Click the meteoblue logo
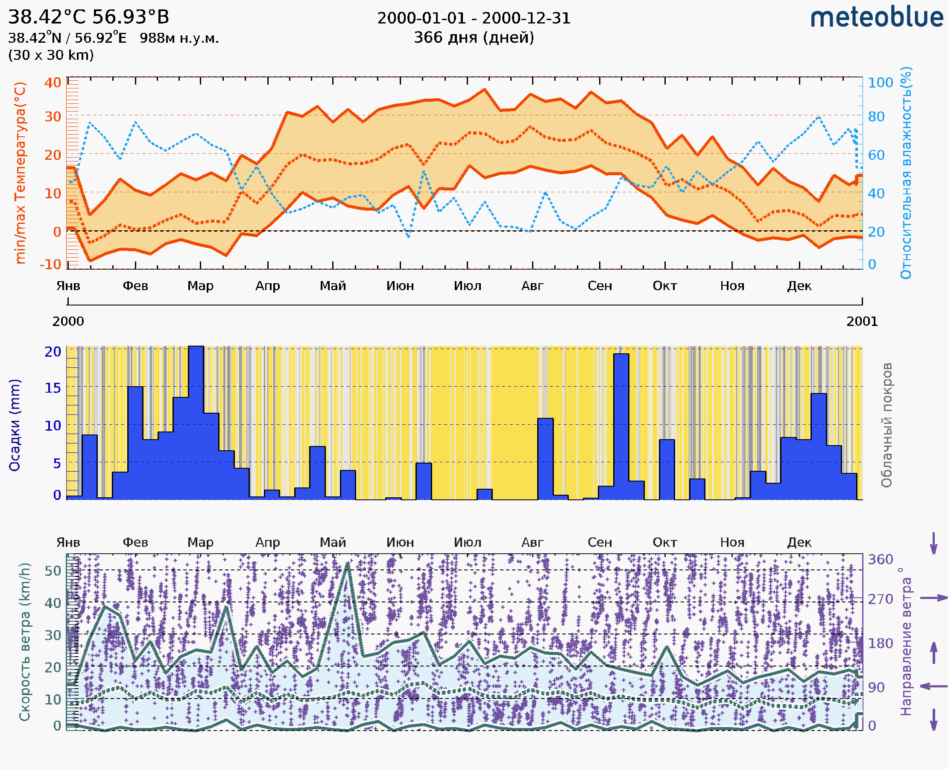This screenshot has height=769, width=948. [x=877, y=18]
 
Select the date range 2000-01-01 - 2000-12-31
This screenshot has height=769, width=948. [x=474, y=18]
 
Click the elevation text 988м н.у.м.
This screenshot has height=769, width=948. [x=179, y=38]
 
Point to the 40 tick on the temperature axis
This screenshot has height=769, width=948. [x=53, y=82]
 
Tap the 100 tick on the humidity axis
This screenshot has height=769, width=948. [x=880, y=82]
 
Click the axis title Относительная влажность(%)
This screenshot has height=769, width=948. [x=906, y=173]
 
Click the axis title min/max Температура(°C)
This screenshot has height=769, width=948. [x=20, y=173]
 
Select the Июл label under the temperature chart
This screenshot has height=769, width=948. [x=467, y=286]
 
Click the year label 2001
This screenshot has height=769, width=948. [x=862, y=321]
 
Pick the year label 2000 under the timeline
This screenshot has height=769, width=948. [x=68, y=321]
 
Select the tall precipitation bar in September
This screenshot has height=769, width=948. [x=621, y=425]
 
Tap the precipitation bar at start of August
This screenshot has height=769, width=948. [x=545, y=458]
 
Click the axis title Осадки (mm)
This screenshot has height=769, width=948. [x=15, y=425]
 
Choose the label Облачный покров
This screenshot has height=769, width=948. [x=886, y=425]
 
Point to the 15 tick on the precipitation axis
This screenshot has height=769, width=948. [x=53, y=388]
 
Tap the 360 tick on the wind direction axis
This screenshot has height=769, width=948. [x=880, y=560]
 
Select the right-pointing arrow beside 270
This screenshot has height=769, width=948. [x=933, y=598]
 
